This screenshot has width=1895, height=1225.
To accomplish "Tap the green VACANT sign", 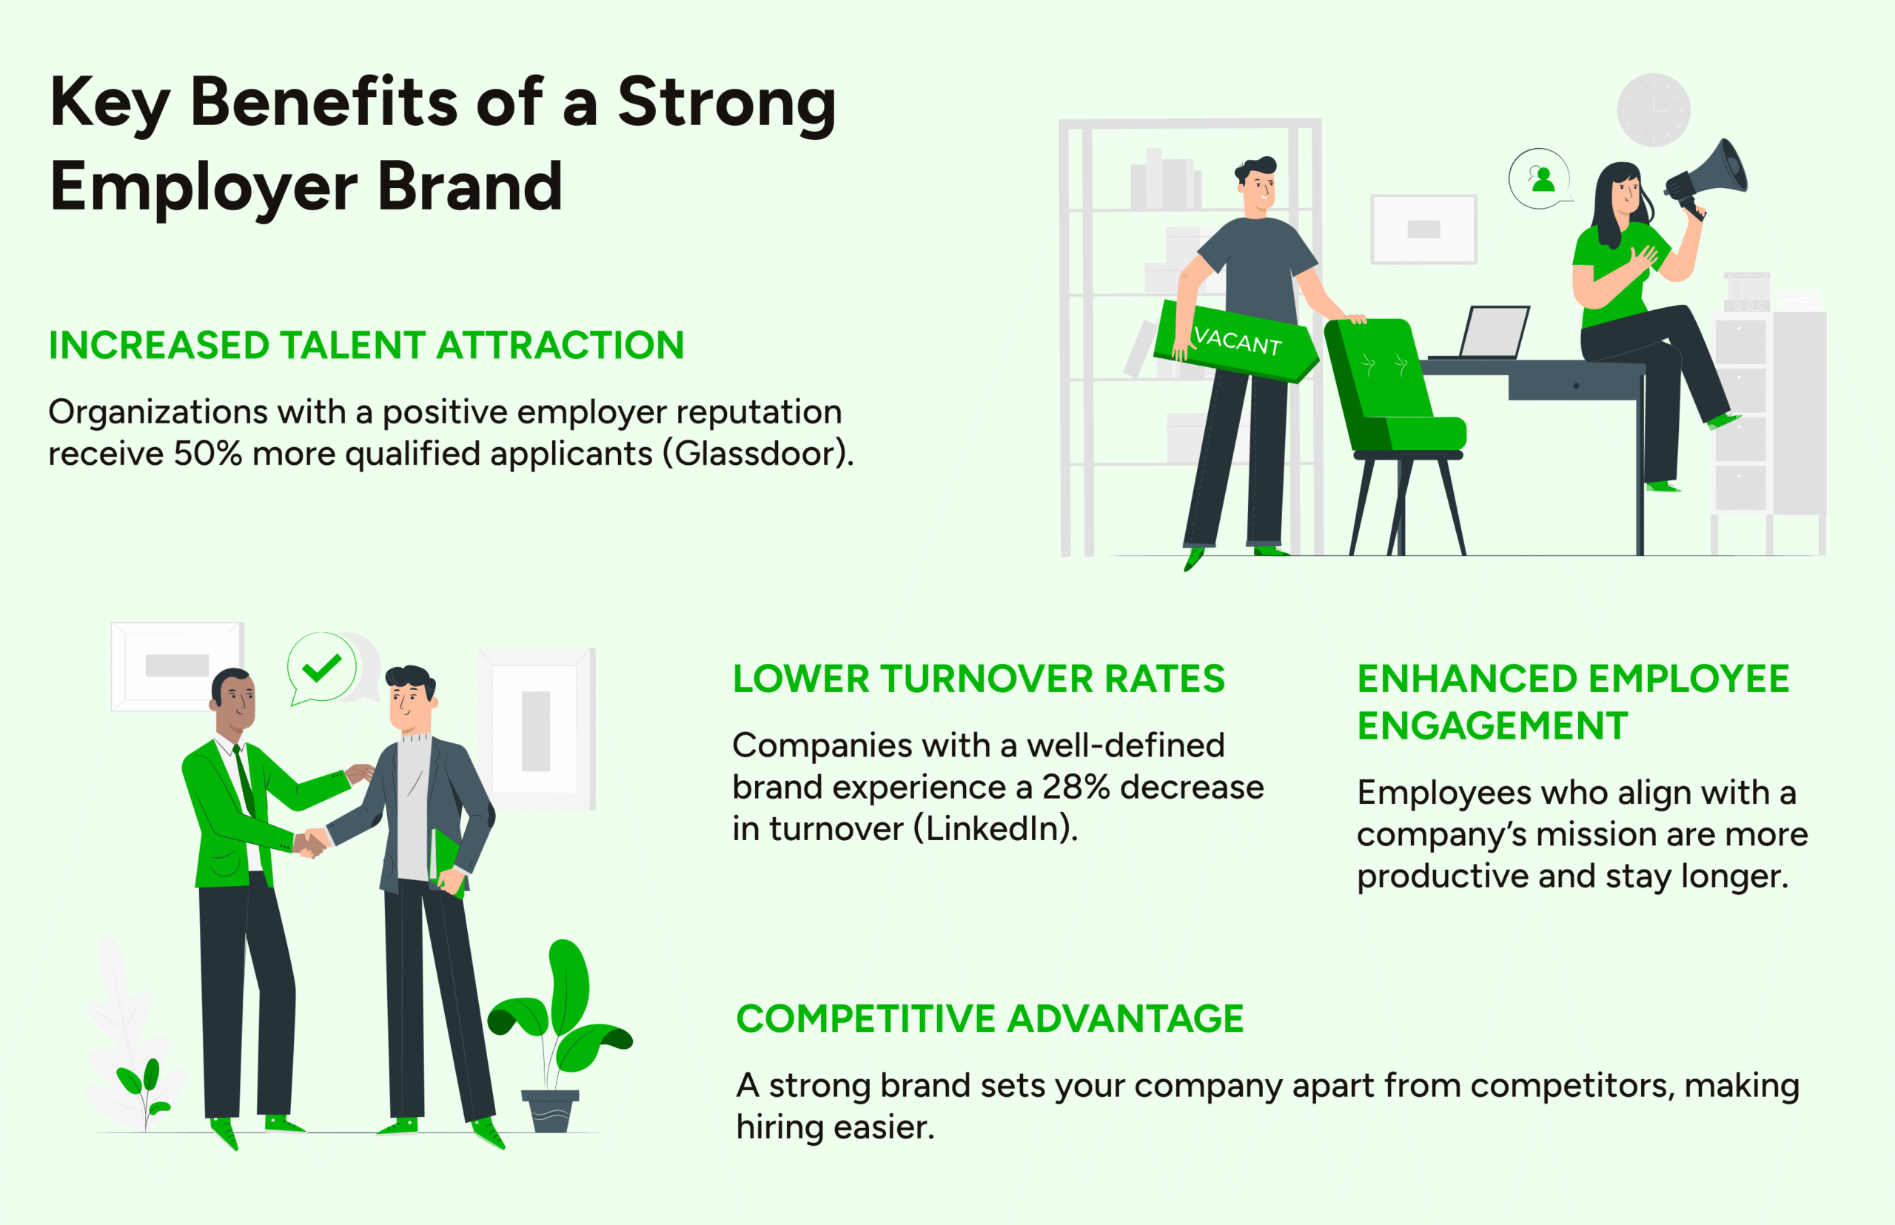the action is (1235, 341).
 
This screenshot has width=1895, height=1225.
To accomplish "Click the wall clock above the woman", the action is (1654, 110).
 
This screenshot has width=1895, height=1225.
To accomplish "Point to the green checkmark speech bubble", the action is (321, 668).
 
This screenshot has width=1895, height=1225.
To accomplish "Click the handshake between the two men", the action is (311, 842).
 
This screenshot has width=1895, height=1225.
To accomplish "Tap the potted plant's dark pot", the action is (550, 1110).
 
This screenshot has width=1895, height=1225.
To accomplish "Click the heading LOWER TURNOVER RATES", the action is (979, 679).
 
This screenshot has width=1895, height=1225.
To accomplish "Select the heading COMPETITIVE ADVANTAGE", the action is (990, 1018).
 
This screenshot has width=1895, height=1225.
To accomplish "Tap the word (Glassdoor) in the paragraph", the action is (758, 454).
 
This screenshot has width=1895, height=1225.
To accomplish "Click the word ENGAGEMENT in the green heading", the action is (1492, 725).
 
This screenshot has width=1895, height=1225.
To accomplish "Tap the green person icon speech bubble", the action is (1540, 179).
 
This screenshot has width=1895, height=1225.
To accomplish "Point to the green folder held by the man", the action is (447, 862).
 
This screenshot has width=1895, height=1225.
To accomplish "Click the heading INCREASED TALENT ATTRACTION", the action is (366, 345).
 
